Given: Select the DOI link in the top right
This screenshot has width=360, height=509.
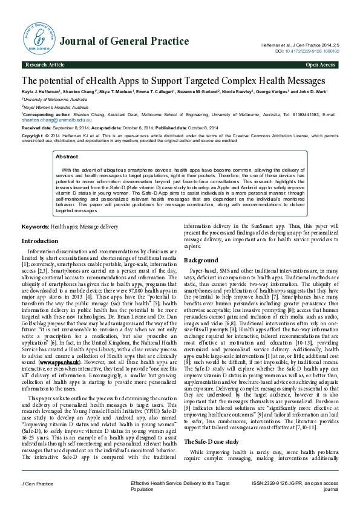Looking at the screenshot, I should [x=314, y=51].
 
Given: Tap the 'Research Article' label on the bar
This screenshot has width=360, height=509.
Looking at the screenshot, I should [x=44, y=64].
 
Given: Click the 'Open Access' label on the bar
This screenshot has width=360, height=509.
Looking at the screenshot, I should [x=321, y=64].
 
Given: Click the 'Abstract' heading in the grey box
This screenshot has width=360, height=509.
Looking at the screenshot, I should [x=67, y=157].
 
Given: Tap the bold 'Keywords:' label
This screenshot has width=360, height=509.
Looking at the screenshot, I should [x=35, y=226].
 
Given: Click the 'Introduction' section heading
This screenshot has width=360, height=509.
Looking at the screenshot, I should [x=40, y=241].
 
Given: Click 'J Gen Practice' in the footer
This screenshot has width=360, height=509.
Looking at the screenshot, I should [x=38, y=484].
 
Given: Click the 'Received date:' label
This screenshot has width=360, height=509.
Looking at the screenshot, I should [x=37, y=128].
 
